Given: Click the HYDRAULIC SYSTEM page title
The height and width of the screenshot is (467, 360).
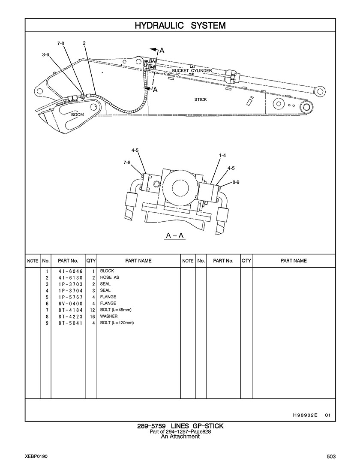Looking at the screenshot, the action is (180, 26).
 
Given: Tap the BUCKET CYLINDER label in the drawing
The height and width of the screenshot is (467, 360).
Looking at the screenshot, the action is (192, 71).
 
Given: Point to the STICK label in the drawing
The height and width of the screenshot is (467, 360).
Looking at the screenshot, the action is (201, 99).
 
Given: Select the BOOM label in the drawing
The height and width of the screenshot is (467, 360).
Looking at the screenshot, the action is (78, 114).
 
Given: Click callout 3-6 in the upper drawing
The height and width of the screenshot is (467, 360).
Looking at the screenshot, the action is (45, 55).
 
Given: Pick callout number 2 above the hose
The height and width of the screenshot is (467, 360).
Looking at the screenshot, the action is (84, 43).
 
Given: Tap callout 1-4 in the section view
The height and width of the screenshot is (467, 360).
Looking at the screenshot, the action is (222, 156).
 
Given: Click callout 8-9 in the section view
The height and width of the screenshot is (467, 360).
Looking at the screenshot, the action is (236, 182).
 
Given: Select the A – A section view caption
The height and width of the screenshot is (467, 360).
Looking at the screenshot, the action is (175, 236).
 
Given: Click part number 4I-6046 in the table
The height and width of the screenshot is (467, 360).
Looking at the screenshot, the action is (71, 271).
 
